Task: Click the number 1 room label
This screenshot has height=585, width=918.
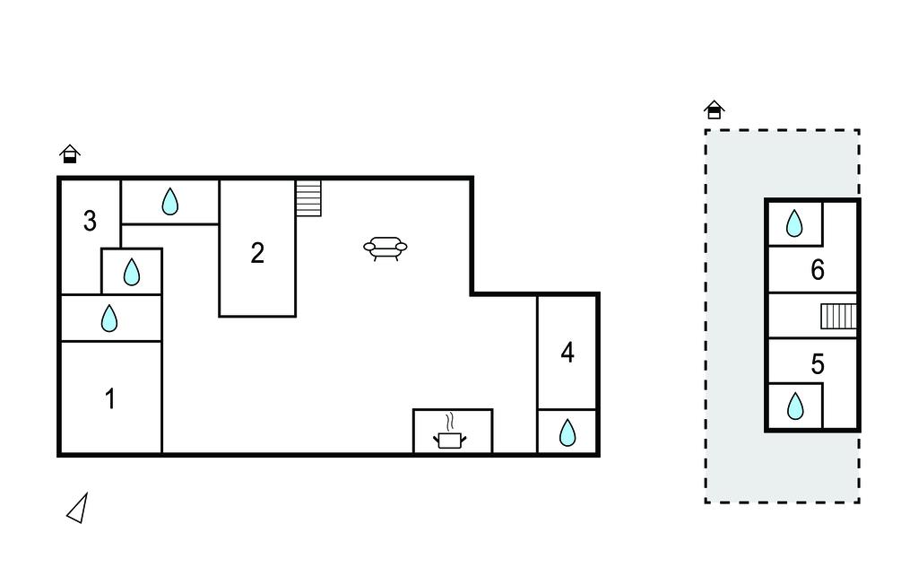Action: pyautogui.click(x=110, y=399)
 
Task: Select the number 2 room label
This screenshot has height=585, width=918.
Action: pyautogui.click(x=257, y=253)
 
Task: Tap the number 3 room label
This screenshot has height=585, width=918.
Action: pyautogui.click(x=90, y=221)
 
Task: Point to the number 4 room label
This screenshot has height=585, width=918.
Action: pyautogui.click(x=567, y=353)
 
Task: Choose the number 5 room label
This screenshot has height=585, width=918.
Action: pyautogui.click(x=818, y=364)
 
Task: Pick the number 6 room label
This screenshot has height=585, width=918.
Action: pyautogui.click(x=818, y=270)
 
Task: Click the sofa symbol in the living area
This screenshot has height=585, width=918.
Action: pyautogui.click(x=385, y=249)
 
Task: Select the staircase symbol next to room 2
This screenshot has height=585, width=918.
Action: pyautogui.click(x=308, y=198)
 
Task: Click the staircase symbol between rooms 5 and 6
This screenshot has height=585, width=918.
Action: pyautogui.click(x=838, y=316)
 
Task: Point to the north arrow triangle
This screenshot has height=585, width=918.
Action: pyautogui.click(x=78, y=508)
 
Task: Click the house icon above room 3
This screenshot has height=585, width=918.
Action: pyautogui.click(x=70, y=153)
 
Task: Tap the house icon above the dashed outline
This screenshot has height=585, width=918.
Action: pyautogui.click(x=714, y=109)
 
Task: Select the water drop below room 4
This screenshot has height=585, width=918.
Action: pyautogui.click(x=567, y=432)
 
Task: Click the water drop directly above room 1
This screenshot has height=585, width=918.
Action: pyautogui.click(x=109, y=319)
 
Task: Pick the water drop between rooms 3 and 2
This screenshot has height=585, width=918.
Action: pyautogui.click(x=169, y=201)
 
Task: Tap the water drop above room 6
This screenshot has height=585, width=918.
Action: pyautogui.click(x=794, y=223)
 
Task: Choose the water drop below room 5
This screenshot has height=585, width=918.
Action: pyautogui.click(x=795, y=406)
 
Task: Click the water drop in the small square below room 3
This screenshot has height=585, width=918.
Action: pyautogui.click(x=132, y=272)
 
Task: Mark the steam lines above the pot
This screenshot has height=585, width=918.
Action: pyautogui.click(x=450, y=422)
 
